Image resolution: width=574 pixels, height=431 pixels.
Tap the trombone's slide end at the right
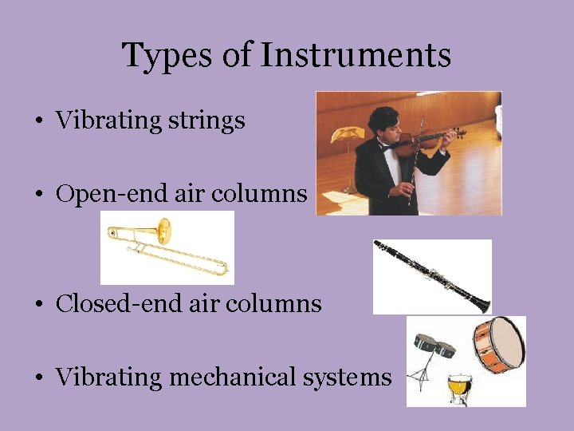224,267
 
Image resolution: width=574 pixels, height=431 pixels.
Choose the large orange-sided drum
498,346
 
